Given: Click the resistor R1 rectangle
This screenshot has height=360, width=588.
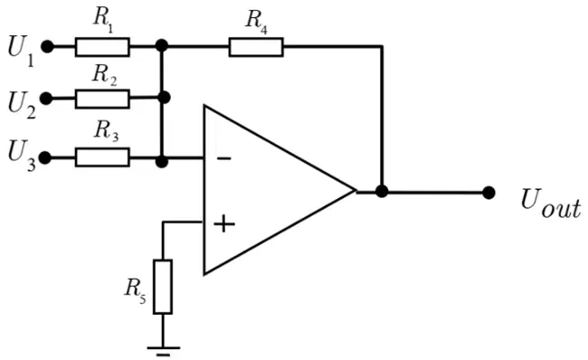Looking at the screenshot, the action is pyautogui.click(x=102, y=47).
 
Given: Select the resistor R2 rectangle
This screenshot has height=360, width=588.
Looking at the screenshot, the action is pyautogui.click(x=102, y=99).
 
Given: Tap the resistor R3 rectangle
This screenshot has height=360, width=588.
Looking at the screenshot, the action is pyautogui.click(x=102, y=157).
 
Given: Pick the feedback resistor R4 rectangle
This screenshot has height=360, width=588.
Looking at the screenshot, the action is pyautogui.click(x=256, y=47).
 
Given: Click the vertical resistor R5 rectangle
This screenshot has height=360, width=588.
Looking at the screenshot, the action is pyautogui.click(x=163, y=287).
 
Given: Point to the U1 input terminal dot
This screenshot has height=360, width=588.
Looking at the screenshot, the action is pyautogui.click(x=47, y=47).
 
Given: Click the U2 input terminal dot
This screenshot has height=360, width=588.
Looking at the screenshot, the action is pyautogui.click(x=46, y=99).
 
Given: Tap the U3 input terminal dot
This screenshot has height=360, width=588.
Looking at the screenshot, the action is pyautogui.click(x=45, y=158).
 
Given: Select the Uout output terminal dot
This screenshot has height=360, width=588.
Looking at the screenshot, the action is pyautogui.click(x=488, y=193).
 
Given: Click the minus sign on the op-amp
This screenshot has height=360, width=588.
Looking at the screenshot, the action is pyautogui.click(x=223, y=158).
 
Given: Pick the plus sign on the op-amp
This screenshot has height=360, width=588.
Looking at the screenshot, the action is pyautogui.click(x=224, y=224).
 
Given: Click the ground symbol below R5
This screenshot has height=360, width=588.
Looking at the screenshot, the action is pyautogui.click(x=163, y=351).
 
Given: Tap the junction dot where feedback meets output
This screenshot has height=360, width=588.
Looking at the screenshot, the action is pyautogui.click(x=382, y=191).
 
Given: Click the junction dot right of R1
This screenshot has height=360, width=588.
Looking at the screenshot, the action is pyautogui.click(x=162, y=46).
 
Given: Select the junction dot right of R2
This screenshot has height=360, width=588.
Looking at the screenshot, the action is pyautogui.click(x=165, y=98).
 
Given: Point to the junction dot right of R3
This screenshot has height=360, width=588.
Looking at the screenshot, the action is pyautogui.click(x=162, y=162).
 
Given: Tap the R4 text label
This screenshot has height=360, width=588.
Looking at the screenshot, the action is pyautogui.click(x=257, y=21).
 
